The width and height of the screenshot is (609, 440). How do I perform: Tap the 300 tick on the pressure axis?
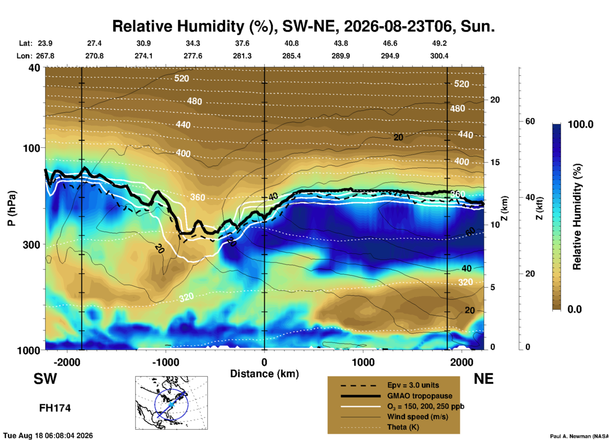31,245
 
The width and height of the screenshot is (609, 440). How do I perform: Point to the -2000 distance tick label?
67,362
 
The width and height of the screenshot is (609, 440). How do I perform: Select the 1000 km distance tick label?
363,362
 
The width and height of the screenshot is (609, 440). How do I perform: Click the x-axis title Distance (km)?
264,374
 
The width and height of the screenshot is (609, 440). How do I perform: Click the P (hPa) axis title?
11,208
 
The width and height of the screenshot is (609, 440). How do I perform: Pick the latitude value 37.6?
242,43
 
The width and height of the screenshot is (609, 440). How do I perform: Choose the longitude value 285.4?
291,56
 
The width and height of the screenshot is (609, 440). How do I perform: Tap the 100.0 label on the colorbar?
581,124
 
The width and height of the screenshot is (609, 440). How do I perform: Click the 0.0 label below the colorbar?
575,309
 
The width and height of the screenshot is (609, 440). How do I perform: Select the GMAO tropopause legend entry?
420,396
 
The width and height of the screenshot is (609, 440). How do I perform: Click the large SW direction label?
45,379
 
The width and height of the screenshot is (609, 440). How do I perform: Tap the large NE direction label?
483,379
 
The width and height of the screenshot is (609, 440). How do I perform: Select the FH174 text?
55,408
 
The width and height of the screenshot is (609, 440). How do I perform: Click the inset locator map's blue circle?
155,404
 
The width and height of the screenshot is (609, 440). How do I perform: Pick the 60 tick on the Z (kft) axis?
530,121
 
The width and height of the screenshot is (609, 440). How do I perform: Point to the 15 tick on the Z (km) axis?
495,162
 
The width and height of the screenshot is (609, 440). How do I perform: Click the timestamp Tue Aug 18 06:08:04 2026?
48,436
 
